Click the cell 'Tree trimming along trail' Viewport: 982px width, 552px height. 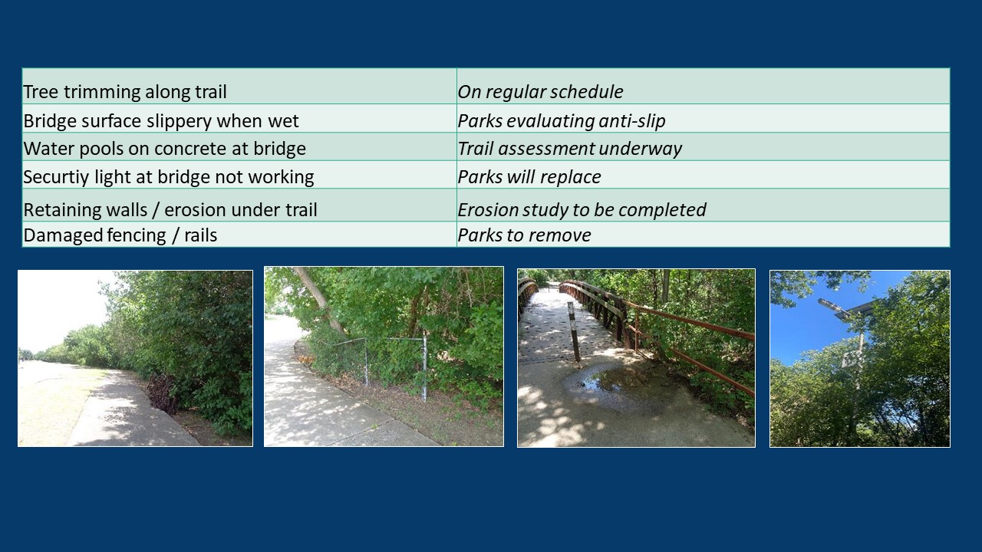tap(239, 87)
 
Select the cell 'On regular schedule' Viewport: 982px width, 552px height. tap(704, 87)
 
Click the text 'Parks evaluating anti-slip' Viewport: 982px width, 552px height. tap(561, 121)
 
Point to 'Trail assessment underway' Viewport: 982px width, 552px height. tap(570, 149)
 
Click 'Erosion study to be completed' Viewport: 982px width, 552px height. tap(582, 210)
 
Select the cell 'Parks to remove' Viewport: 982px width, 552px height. tap(704, 235)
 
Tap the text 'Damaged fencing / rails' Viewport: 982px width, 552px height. tap(120, 235)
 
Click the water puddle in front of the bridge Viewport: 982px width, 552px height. tap(614, 382)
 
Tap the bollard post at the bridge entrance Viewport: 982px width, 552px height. tap(573, 333)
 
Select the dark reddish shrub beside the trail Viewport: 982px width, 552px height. tap(163, 393)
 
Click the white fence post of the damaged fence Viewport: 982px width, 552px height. tap(424, 367)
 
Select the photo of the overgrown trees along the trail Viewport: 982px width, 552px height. tap(135, 358)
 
